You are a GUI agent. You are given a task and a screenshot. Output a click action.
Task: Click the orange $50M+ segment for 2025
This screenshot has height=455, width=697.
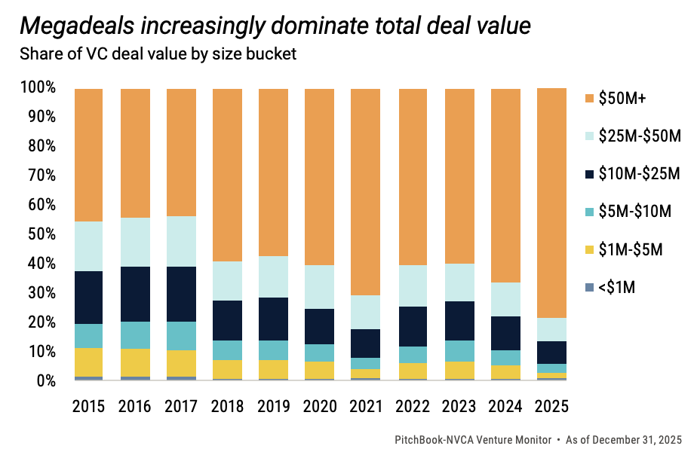point(551,203)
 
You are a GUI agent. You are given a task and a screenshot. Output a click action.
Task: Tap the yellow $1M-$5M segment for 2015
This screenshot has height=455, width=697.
point(89,362)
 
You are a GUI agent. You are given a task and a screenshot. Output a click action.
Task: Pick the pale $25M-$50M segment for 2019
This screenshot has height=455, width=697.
point(274,276)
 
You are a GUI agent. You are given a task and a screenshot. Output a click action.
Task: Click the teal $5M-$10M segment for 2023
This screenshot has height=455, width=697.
point(459,351)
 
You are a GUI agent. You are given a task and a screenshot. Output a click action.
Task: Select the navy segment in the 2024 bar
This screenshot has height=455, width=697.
point(505,333)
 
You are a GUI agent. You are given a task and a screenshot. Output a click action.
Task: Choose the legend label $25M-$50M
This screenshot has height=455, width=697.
point(640,136)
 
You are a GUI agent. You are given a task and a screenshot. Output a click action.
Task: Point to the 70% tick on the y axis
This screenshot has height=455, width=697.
point(38,176)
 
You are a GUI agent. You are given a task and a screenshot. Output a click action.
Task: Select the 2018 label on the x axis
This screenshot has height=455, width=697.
point(228,406)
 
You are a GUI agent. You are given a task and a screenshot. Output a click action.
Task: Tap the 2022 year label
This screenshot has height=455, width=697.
point(413,406)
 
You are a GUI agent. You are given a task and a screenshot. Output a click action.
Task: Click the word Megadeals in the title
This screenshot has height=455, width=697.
point(73,26)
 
